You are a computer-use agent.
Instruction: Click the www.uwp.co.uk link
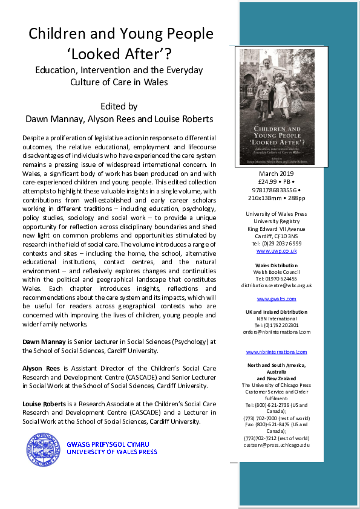(276, 250)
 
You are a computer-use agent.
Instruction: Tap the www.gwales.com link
(276, 299)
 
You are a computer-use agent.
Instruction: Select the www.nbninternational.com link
(276, 352)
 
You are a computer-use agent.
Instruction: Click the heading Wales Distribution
(276, 265)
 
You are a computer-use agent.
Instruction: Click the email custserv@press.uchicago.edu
(276, 444)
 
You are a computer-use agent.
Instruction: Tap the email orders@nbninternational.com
(276, 332)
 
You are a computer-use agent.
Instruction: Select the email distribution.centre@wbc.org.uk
(276, 285)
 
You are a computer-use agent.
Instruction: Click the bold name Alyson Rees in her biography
(41, 368)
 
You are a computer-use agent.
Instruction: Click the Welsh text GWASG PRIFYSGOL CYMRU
(112, 444)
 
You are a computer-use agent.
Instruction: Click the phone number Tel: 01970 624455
(276, 279)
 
